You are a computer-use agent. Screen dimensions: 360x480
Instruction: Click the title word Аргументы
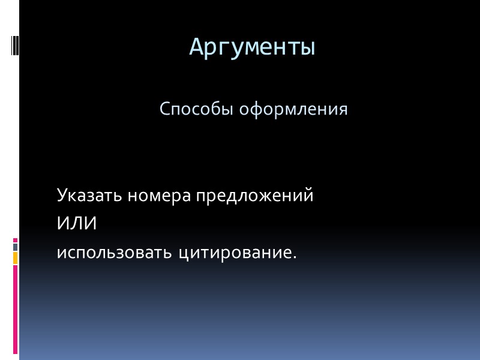252,46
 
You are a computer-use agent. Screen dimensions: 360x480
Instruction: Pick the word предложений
254,196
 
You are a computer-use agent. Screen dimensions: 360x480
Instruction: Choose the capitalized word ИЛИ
77,224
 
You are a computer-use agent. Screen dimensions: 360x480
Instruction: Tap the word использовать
114,252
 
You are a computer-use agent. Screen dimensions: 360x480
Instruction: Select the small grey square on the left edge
16,247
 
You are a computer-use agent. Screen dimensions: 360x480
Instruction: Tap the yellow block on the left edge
16,258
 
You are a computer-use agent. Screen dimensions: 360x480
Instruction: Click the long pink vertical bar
16,309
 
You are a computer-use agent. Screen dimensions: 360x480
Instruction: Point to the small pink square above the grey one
16,239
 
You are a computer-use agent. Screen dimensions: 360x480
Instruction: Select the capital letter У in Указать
62,196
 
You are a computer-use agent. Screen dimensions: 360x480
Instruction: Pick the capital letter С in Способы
165,110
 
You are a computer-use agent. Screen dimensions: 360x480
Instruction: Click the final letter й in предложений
308,196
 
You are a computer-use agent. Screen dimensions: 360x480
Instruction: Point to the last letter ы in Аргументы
308,47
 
